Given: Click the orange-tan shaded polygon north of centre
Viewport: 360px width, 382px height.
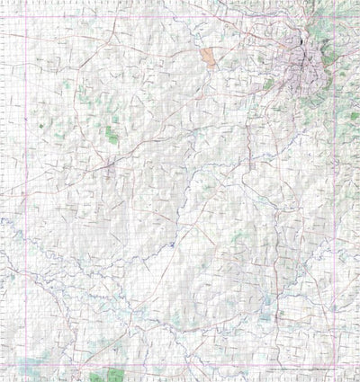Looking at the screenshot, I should [210, 58].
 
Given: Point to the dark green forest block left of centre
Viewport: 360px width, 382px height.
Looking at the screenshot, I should [112, 135].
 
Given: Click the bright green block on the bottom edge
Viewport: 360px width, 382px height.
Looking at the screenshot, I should [115, 375].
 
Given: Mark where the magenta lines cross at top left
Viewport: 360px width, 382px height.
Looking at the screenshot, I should [26, 15].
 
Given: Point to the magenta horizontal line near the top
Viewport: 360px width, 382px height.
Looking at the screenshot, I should [180, 15].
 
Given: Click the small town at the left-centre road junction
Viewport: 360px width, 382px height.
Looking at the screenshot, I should [108, 167].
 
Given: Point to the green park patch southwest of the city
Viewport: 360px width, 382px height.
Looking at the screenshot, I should [268, 84].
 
